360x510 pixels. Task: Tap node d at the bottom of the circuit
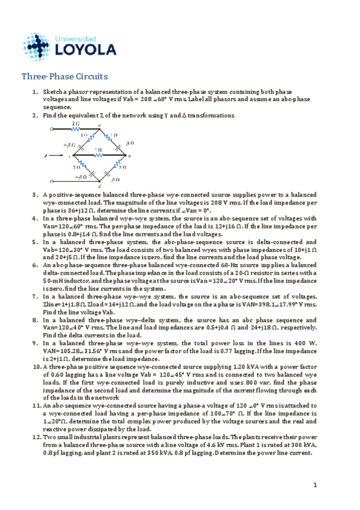[100, 186]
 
